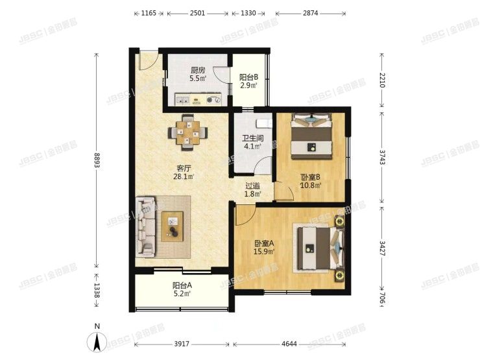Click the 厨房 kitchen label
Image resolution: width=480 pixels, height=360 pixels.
pos(198,71)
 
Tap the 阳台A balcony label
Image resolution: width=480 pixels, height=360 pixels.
pos(182,285)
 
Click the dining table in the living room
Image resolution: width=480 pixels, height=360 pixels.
pos(189,132)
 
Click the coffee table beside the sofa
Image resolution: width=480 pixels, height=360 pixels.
pos(173,226)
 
